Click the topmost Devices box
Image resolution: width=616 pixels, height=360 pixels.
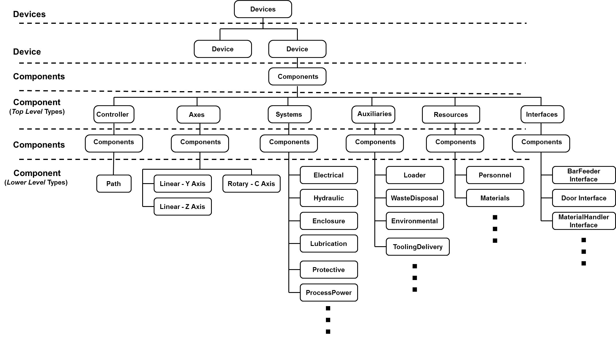pyautogui.click(x=263, y=9)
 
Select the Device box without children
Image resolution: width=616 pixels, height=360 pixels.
pyautogui.click(x=223, y=49)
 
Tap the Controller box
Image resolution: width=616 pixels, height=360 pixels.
pyautogui.click(x=114, y=114)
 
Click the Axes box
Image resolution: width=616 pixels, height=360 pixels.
pyautogui.click(x=198, y=115)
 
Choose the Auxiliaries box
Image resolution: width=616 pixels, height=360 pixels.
pyautogui.click(x=373, y=114)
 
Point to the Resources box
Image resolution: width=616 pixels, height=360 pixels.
pyautogui.click(x=451, y=115)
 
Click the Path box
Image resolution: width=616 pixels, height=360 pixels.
pyautogui.click(x=114, y=184)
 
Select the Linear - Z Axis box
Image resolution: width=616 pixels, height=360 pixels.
pyautogui.click(x=183, y=207)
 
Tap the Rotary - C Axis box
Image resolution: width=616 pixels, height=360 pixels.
pyautogui.click(x=251, y=184)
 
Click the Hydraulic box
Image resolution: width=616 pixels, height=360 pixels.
pyautogui.click(x=329, y=198)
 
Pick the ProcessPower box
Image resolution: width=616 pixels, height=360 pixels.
pyautogui.click(x=329, y=293)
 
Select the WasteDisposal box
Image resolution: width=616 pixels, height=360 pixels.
pyautogui.click(x=415, y=198)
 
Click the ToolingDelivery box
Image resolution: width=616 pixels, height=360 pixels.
pyautogui.click(x=418, y=247)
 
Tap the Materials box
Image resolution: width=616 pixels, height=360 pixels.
pyautogui.click(x=495, y=198)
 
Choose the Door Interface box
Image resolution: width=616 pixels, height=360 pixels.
pyautogui.click(x=584, y=198)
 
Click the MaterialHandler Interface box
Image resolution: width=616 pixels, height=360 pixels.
pyautogui.click(x=584, y=221)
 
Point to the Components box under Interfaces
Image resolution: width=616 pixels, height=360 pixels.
pyautogui.click(x=541, y=143)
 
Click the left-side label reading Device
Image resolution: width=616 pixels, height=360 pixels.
pyautogui.click(x=27, y=52)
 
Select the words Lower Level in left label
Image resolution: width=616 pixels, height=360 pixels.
pyautogui.click(x=26, y=183)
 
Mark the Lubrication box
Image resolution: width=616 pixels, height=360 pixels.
pyautogui.click(x=329, y=244)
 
